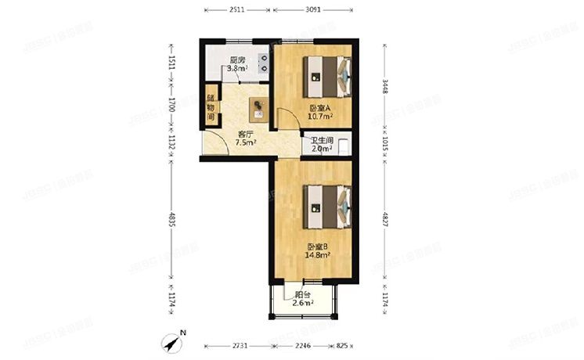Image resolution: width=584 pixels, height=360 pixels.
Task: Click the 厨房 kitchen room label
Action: click(x=238, y=60)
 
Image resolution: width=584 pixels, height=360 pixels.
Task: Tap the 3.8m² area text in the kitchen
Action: click(x=237, y=69)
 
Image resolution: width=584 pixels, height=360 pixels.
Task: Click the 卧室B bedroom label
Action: click(x=318, y=246)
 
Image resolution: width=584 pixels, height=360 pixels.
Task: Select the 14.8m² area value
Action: click(x=318, y=254)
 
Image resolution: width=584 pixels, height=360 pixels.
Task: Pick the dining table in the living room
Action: click(x=258, y=108)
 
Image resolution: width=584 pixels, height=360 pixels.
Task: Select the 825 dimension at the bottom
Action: click(x=343, y=344)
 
